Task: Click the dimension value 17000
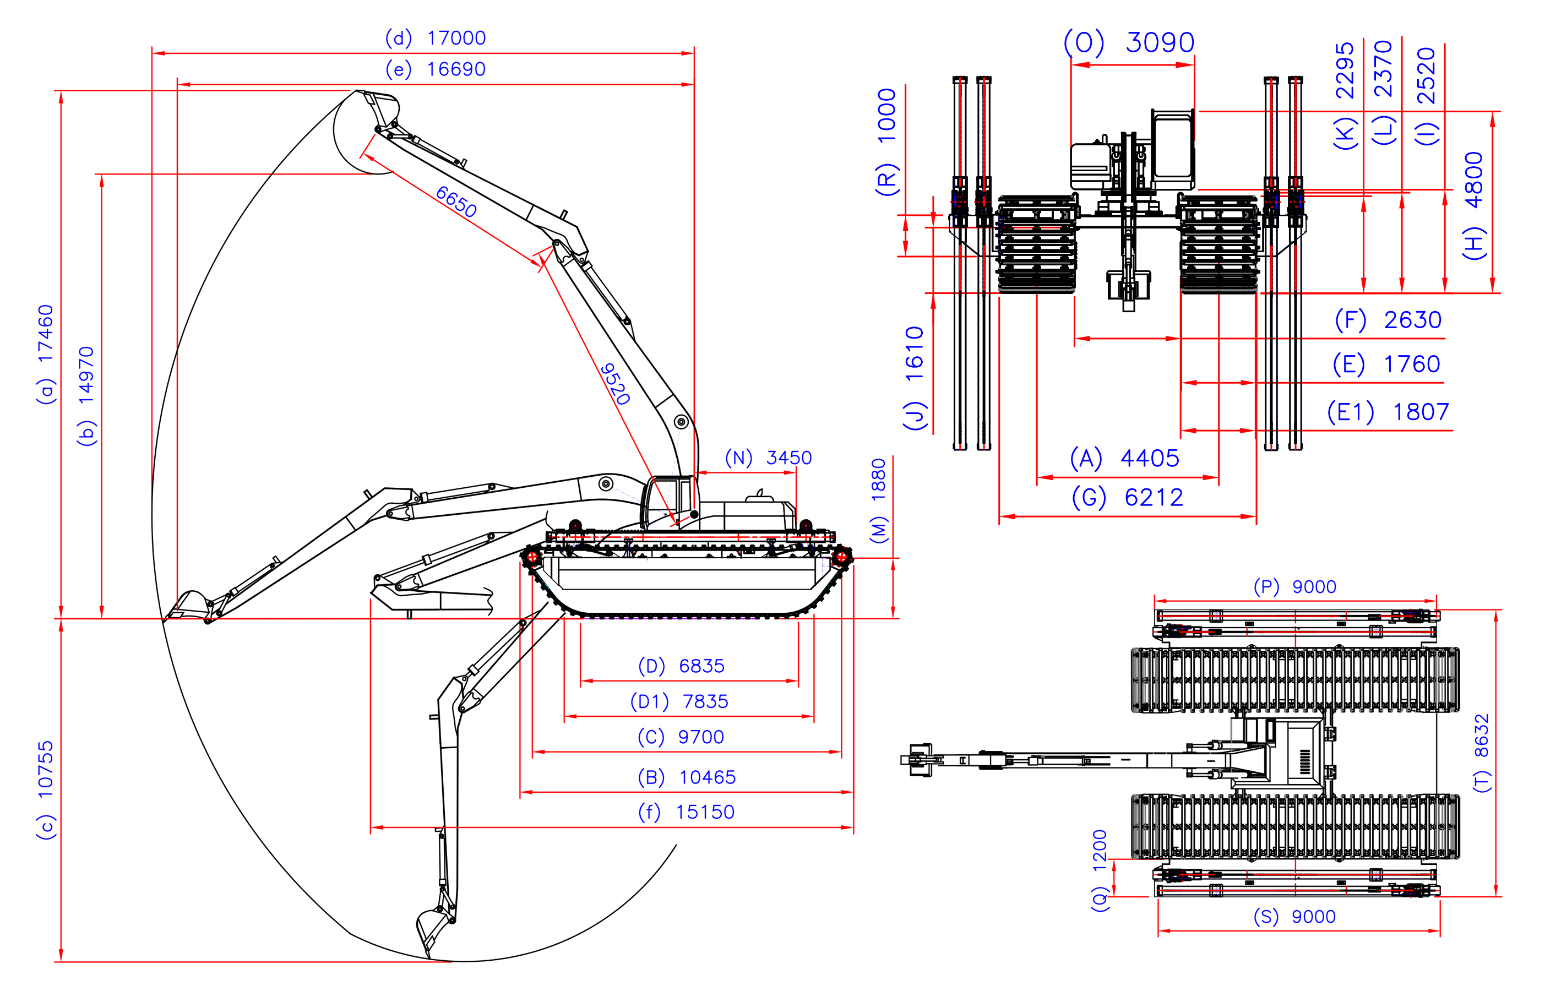(x=456, y=38)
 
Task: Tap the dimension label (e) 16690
(x=436, y=69)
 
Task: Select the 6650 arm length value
(x=456, y=202)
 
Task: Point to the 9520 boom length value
(x=614, y=384)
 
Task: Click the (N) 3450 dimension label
(x=768, y=458)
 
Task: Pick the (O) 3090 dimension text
(x=1129, y=42)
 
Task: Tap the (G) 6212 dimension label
(x=1128, y=498)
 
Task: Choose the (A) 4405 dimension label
(x=1124, y=458)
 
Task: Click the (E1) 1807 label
(x=1388, y=412)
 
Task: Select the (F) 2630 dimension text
(x=1388, y=320)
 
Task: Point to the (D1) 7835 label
(x=679, y=701)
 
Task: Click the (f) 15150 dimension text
(x=686, y=812)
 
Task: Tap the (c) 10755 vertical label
(x=46, y=789)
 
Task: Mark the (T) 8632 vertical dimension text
(x=1481, y=753)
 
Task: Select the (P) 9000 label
(x=1294, y=587)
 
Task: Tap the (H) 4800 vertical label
(x=1473, y=206)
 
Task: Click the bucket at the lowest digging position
(x=432, y=927)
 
